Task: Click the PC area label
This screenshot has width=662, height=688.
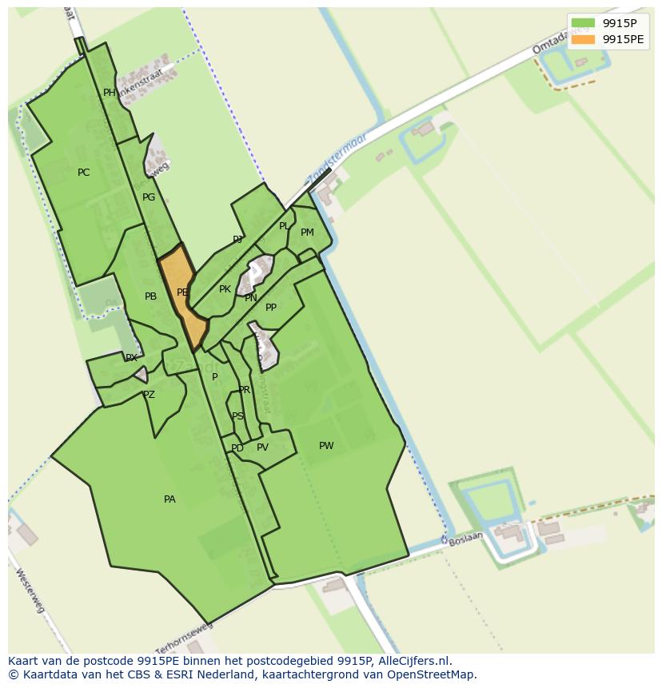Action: pyautogui.click(x=84, y=173)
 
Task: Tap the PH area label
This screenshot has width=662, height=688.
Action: pyautogui.click(x=110, y=93)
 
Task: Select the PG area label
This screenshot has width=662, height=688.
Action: pyautogui.click(x=149, y=197)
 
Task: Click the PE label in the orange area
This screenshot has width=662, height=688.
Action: pyautogui.click(x=182, y=292)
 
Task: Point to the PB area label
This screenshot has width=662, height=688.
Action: pyautogui.click(x=150, y=296)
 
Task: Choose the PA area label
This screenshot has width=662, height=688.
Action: pyautogui.click(x=169, y=499)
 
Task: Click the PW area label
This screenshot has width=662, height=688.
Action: pyautogui.click(x=326, y=446)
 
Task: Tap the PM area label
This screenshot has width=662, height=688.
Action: pyautogui.click(x=307, y=233)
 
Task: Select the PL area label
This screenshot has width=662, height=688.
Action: pyautogui.click(x=284, y=226)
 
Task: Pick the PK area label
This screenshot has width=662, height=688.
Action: pyautogui.click(x=225, y=289)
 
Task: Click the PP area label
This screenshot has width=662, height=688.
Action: pyautogui.click(x=271, y=308)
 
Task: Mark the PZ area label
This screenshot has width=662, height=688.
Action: pyautogui.click(x=149, y=395)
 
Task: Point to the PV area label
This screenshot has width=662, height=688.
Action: pyautogui.click(x=262, y=447)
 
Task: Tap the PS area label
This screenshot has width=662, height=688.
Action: pyautogui.click(x=237, y=416)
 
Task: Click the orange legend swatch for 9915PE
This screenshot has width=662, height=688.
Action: pyautogui.click(x=583, y=39)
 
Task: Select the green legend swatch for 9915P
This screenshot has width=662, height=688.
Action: pyautogui.click(x=583, y=23)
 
